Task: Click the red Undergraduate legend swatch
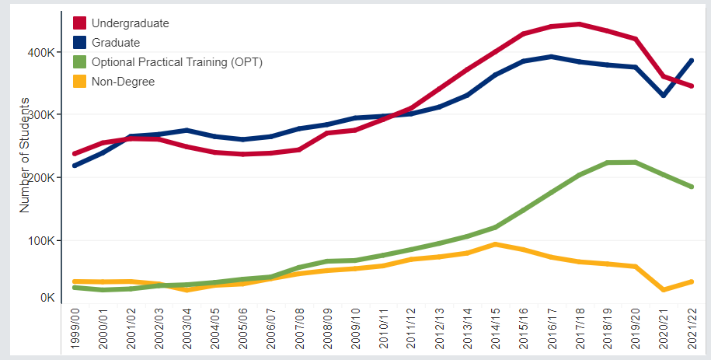pyautogui.click(x=78, y=23)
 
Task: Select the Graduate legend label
pyautogui.click(x=115, y=43)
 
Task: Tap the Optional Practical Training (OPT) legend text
pyautogui.click(x=176, y=62)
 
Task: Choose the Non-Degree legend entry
pyautogui.click(x=123, y=81)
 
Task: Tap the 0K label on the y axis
pyautogui.click(x=46, y=298)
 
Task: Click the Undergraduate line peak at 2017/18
pyautogui.click(x=579, y=24)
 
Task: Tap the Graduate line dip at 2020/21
pyautogui.click(x=663, y=96)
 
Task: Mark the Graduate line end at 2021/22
pyautogui.click(x=691, y=61)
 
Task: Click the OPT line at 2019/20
pyautogui.click(x=635, y=163)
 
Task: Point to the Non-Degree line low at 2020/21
pyautogui.click(x=663, y=290)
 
